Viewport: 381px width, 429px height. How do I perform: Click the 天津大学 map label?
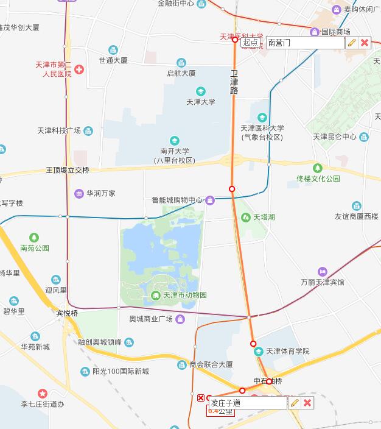point(200,102)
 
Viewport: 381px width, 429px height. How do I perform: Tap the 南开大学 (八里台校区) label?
point(175,155)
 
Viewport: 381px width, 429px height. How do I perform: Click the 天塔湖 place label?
point(264,217)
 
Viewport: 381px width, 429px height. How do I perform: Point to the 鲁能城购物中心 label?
point(177,200)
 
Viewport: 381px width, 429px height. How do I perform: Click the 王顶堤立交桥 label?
point(68,170)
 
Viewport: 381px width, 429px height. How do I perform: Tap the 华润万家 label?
point(100,194)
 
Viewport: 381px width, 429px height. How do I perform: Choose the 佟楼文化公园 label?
point(318,179)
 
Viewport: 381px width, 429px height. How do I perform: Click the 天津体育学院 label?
point(289,352)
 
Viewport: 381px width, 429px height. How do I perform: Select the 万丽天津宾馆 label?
point(322,282)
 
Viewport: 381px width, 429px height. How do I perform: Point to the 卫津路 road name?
point(234,82)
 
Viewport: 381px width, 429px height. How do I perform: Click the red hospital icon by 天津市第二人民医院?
point(79,70)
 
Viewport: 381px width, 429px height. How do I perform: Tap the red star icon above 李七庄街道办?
point(42,394)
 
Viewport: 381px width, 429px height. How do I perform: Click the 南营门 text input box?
point(304,43)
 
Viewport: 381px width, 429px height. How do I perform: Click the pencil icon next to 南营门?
point(351,43)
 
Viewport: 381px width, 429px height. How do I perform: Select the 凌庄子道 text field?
point(247,403)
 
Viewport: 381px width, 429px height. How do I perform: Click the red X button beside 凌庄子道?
point(307,403)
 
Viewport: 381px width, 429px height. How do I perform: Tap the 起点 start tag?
point(250,43)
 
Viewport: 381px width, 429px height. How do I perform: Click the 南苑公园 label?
point(34,248)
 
